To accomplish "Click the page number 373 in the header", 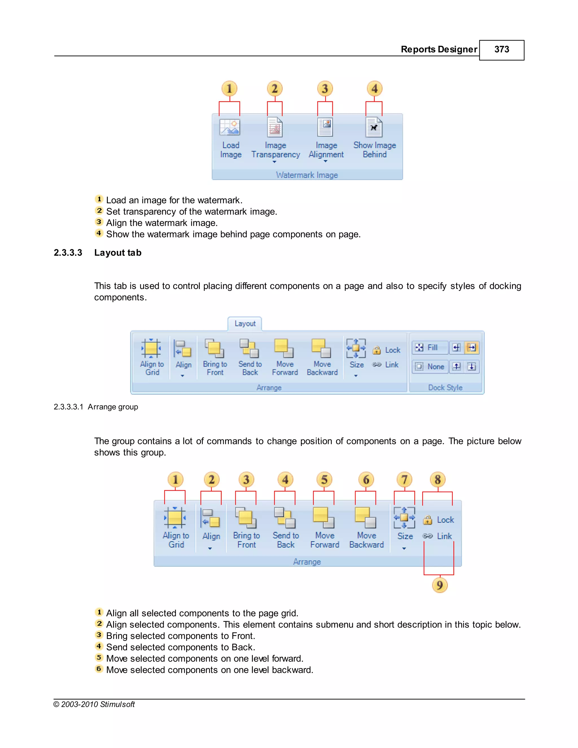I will pyautogui.click(x=501, y=50).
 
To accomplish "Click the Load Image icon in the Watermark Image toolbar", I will pyautogui.click(x=230, y=127).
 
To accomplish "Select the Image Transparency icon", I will pyautogui.click(x=275, y=127).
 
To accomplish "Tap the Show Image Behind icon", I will pyautogui.click(x=374, y=127).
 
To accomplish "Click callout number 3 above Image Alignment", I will pyautogui.click(x=325, y=89).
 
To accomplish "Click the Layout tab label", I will pyautogui.click(x=245, y=324).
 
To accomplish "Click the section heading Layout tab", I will pyautogui.click(x=118, y=253).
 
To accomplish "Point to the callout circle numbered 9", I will pyautogui.click(x=440, y=585).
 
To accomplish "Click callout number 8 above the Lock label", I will pyautogui.click(x=438, y=480).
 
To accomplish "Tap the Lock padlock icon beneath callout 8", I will pyautogui.click(x=427, y=520).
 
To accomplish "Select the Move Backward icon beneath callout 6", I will pyautogui.click(x=365, y=517).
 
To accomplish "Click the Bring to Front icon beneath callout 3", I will pyautogui.click(x=246, y=517).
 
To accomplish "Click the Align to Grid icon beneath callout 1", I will pyautogui.click(x=175, y=517).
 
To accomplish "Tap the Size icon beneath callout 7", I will pyautogui.click(x=404, y=517).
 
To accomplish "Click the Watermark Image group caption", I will pyautogui.click(x=307, y=175).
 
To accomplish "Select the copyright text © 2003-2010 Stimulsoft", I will pyautogui.click(x=94, y=704).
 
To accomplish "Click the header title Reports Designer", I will pyautogui.click(x=439, y=50).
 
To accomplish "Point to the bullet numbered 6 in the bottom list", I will pyautogui.click(x=99, y=669).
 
